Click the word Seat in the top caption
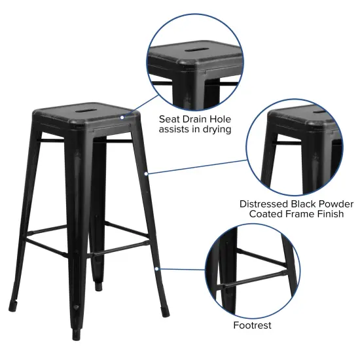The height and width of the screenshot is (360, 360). coord(172,119)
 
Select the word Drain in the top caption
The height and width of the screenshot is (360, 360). coord(201,119)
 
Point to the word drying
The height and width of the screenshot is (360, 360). coord(215,130)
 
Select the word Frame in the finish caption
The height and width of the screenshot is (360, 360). coord(302,215)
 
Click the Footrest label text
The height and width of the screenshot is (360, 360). coord(252,325)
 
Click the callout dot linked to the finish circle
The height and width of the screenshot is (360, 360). coord(147,173)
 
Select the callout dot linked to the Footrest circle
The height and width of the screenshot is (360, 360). coord(156,268)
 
